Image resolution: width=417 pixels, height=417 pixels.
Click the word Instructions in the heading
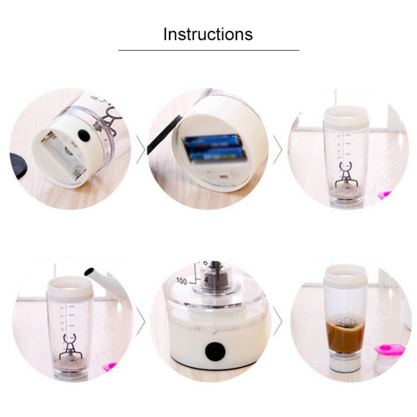click(x=208, y=34)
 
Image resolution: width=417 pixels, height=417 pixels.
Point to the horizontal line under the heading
click(x=209, y=50)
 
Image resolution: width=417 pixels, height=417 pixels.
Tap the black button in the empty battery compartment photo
click(x=84, y=136)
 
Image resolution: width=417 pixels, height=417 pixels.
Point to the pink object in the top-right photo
click(x=384, y=195)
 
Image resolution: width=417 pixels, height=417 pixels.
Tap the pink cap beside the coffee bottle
click(x=389, y=351)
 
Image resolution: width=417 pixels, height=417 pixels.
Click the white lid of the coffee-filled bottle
click(x=345, y=277)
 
